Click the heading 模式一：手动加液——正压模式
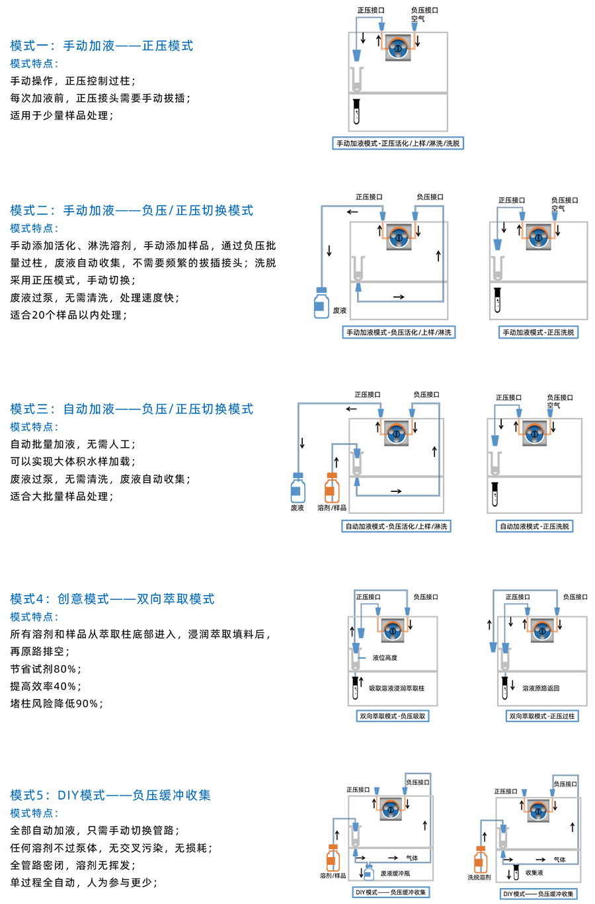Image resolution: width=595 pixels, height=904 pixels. pyautogui.click(x=101, y=46)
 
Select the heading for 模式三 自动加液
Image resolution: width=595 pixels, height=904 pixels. pyautogui.click(x=131, y=409)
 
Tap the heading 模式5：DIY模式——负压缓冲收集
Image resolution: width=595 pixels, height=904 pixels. pyautogui.click(x=110, y=795)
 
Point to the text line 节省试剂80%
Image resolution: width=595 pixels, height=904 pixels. pyautogui.click(x=46, y=669)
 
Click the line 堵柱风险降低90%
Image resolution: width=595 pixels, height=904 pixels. pyautogui.click(x=56, y=703)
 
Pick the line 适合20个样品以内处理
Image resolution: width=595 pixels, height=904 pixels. pyautogui.click(x=68, y=315)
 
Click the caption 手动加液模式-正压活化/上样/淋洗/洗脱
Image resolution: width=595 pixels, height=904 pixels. pyautogui.click(x=397, y=143)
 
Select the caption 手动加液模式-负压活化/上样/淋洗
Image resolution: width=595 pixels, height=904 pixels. pyautogui.click(x=399, y=332)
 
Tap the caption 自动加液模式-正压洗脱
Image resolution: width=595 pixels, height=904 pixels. pyautogui.click(x=534, y=526)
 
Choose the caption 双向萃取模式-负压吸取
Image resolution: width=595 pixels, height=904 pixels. pyautogui.click(x=393, y=716)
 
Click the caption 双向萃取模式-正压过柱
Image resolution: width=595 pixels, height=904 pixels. pyautogui.click(x=542, y=716)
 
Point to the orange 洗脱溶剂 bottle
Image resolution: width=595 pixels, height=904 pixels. pyautogui.click(x=480, y=859)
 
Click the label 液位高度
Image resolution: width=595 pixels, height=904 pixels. pyautogui.click(x=385, y=657)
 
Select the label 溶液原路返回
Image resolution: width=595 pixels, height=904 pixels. pyautogui.click(x=541, y=688)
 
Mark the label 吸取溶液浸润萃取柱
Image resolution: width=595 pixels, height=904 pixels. pyautogui.click(x=397, y=688)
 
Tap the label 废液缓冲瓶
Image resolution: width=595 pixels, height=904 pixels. pyautogui.click(x=395, y=874)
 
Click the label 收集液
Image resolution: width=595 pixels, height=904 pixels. pyautogui.click(x=534, y=873)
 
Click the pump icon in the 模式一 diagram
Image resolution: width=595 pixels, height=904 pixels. pyautogui.click(x=398, y=48)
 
